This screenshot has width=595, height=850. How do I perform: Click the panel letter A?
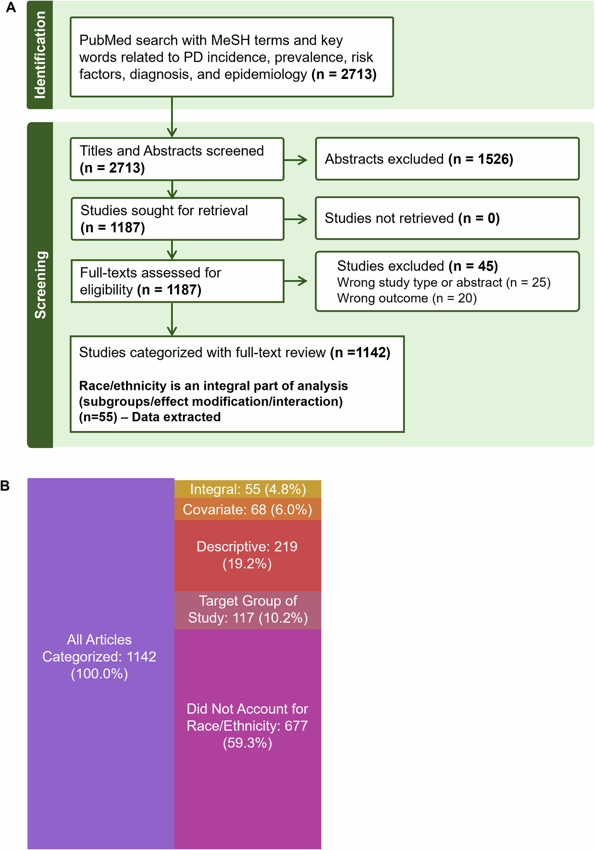pyautogui.click(x=11, y=8)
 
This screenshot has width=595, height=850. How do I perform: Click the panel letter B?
pyautogui.click(x=5, y=486)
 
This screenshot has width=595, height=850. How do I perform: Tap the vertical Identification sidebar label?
pyautogui.click(x=40, y=55)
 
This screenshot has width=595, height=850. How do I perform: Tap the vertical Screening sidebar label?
pyautogui.click(x=40, y=285)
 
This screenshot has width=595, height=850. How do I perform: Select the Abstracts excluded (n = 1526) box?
pyautogui.click(x=447, y=159)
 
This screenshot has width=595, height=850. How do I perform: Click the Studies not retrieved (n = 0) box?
pyautogui.click(x=447, y=218)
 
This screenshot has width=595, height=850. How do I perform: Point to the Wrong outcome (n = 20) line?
pyautogui.click(x=407, y=298)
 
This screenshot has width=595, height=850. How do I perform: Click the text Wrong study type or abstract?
pyautogui.click(x=419, y=282)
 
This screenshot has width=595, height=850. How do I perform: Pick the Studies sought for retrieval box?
pyautogui.click(x=177, y=219)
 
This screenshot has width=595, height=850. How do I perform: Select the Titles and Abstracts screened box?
pyautogui.click(x=177, y=159)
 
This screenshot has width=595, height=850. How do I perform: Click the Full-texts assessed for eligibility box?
pyautogui.click(x=177, y=281)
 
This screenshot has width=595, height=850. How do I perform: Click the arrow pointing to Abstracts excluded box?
pyautogui.click(x=296, y=160)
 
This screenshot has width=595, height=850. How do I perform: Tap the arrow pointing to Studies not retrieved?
pyautogui.click(x=296, y=219)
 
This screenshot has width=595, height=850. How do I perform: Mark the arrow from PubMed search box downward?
pyautogui.click(x=172, y=117)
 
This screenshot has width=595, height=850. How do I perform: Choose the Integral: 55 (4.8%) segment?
pyautogui.click(x=248, y=489)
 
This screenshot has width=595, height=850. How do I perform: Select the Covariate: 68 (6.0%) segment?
pyautogui.click(x=248, y=509)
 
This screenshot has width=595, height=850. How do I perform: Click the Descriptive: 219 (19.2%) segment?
pyautogui.click(x=248, y=555)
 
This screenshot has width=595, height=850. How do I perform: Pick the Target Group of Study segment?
pyautogui.click(x=248, y=609)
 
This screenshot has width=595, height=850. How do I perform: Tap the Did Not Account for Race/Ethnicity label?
pyautogui.click(x=248, y=726)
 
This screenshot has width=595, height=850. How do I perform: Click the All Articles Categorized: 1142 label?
pyautogui.click(x=100, y=657)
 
